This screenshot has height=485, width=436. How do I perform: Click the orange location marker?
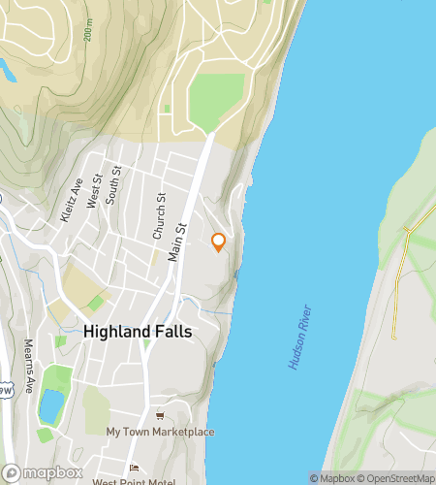(218, 242)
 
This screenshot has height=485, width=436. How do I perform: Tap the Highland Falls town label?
(138, 331)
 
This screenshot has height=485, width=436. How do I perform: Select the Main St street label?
(176, 237)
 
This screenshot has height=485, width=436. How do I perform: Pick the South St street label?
(114, 182)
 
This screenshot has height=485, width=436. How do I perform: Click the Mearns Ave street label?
(29, 370)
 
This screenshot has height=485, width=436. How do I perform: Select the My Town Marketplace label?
(160, 432)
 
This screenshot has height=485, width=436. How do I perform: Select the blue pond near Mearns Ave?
(47, 407)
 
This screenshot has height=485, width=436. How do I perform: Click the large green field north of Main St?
(215, 101)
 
